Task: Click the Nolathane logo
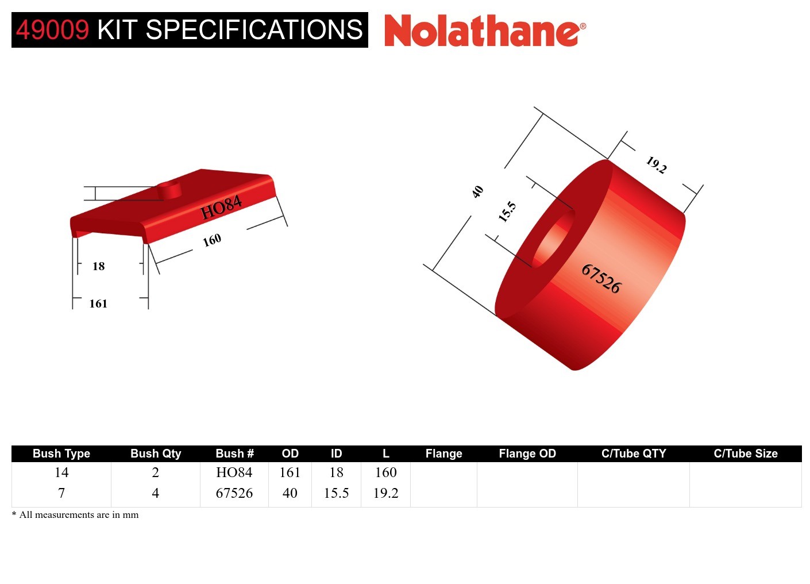click(484, 31)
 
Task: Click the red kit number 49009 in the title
click(53, 30)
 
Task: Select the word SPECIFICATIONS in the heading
click(254, 30)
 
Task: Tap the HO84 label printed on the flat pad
click(221, 208)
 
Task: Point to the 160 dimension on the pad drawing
click(212, 240)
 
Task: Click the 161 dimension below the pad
click(98, 303)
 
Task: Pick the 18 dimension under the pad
click(99, 266)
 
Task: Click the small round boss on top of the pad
click(169, 189)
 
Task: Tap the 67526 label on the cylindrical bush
click(601, 278)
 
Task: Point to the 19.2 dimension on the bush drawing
click(656, 165)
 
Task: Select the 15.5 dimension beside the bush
click(507, 212)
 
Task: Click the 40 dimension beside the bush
click(477, 192)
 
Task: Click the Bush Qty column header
click(156, 454)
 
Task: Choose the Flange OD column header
click(527, 454)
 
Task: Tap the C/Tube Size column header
click(745, 454)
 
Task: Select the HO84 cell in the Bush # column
click(234, 472)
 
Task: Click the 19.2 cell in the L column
click(385, 493)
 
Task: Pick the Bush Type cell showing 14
click(61, 472)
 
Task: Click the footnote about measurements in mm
click(75, 514)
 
